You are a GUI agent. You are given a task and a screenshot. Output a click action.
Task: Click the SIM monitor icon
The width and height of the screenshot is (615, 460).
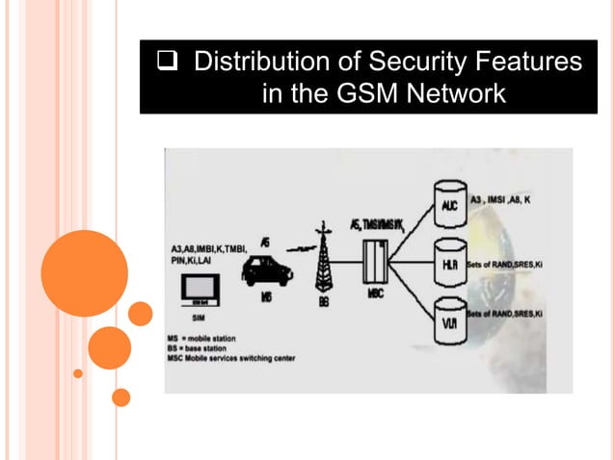tap(205, 293)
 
